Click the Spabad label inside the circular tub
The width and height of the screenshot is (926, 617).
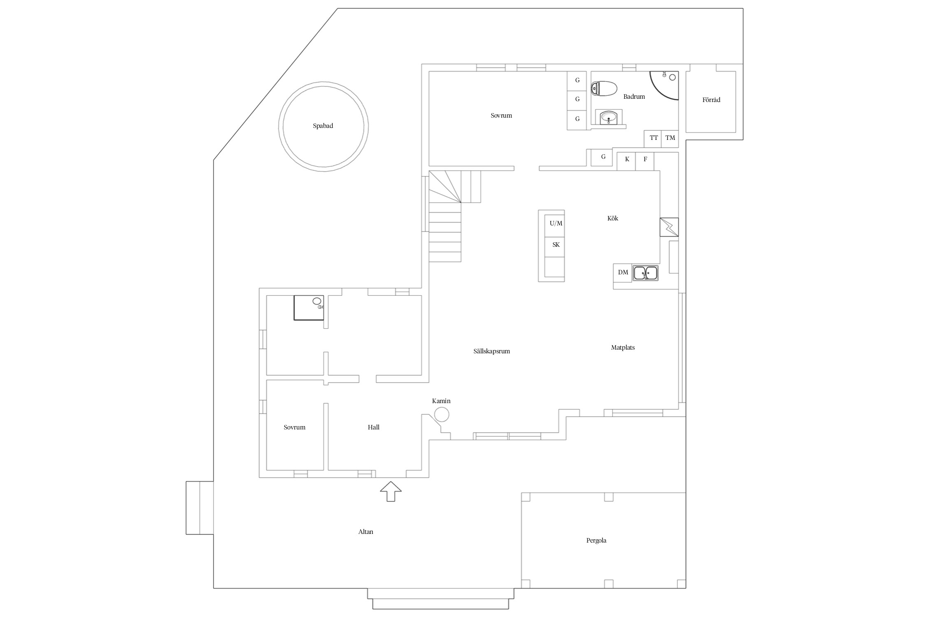click(323, 126)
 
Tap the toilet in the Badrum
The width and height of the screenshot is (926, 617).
click(604, 88)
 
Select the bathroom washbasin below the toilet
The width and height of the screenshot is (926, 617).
click(609, 118)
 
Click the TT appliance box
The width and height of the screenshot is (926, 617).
click(653, 139)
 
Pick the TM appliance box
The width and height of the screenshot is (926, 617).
click(670, 139)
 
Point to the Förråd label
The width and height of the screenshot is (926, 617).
click(711, 100)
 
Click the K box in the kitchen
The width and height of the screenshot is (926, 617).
click(626, 161)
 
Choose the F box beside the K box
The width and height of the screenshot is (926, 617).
click(645, 161)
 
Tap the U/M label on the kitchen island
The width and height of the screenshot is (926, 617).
click(556, 223)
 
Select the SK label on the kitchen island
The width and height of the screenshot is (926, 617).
click(556, 245)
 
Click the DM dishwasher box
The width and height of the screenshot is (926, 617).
click(623, 273)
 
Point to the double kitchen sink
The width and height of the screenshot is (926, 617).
click(645, 273)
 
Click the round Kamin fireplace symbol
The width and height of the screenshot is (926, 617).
click(442, 414)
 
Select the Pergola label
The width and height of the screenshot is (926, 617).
click(596, 540)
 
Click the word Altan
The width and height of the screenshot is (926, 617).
click(366, 532)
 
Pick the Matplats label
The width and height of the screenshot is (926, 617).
click(623, 348)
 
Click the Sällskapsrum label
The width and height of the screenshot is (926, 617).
click(492, 351)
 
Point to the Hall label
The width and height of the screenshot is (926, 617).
click(374, 427)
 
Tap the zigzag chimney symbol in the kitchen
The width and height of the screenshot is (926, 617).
click(669, 227)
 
